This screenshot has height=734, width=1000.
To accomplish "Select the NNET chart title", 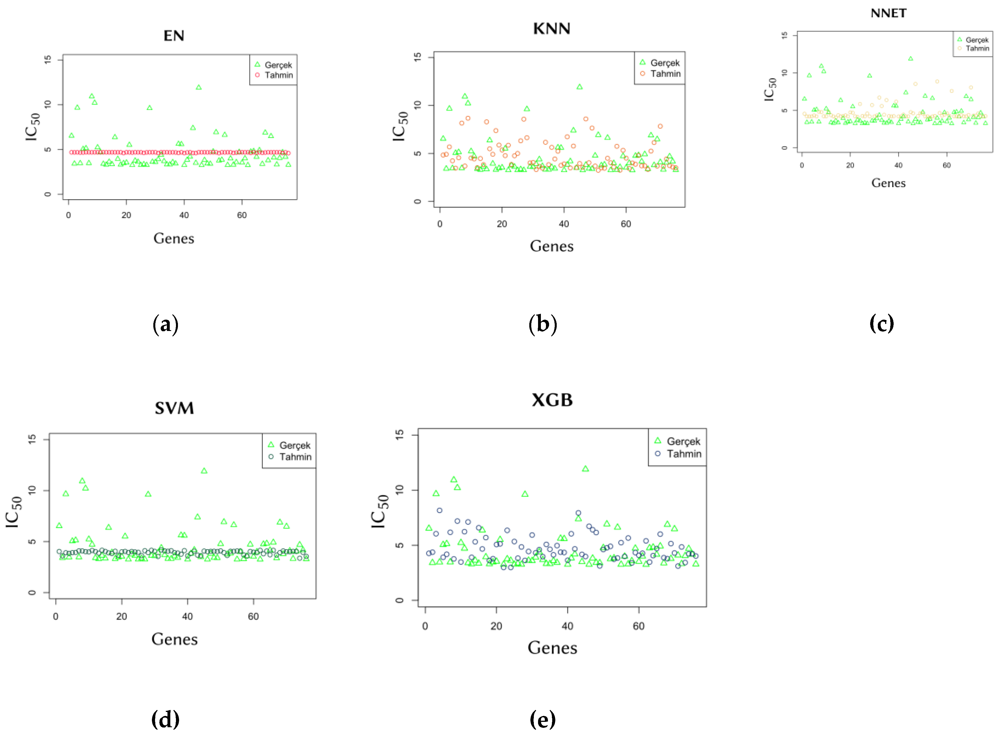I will coord(888,13).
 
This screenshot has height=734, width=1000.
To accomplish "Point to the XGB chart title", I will coord(552,400).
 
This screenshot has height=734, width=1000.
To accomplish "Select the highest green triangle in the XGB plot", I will coord(585,469).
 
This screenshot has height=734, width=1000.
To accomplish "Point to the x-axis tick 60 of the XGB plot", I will coord(638,626).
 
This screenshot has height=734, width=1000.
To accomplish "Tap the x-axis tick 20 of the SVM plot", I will coord(121,616).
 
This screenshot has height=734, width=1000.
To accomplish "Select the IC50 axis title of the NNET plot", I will coord(770,89).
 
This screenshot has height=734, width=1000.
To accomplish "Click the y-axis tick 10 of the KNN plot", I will coord(417,105).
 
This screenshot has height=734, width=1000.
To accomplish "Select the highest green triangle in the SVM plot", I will coord(204,471).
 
